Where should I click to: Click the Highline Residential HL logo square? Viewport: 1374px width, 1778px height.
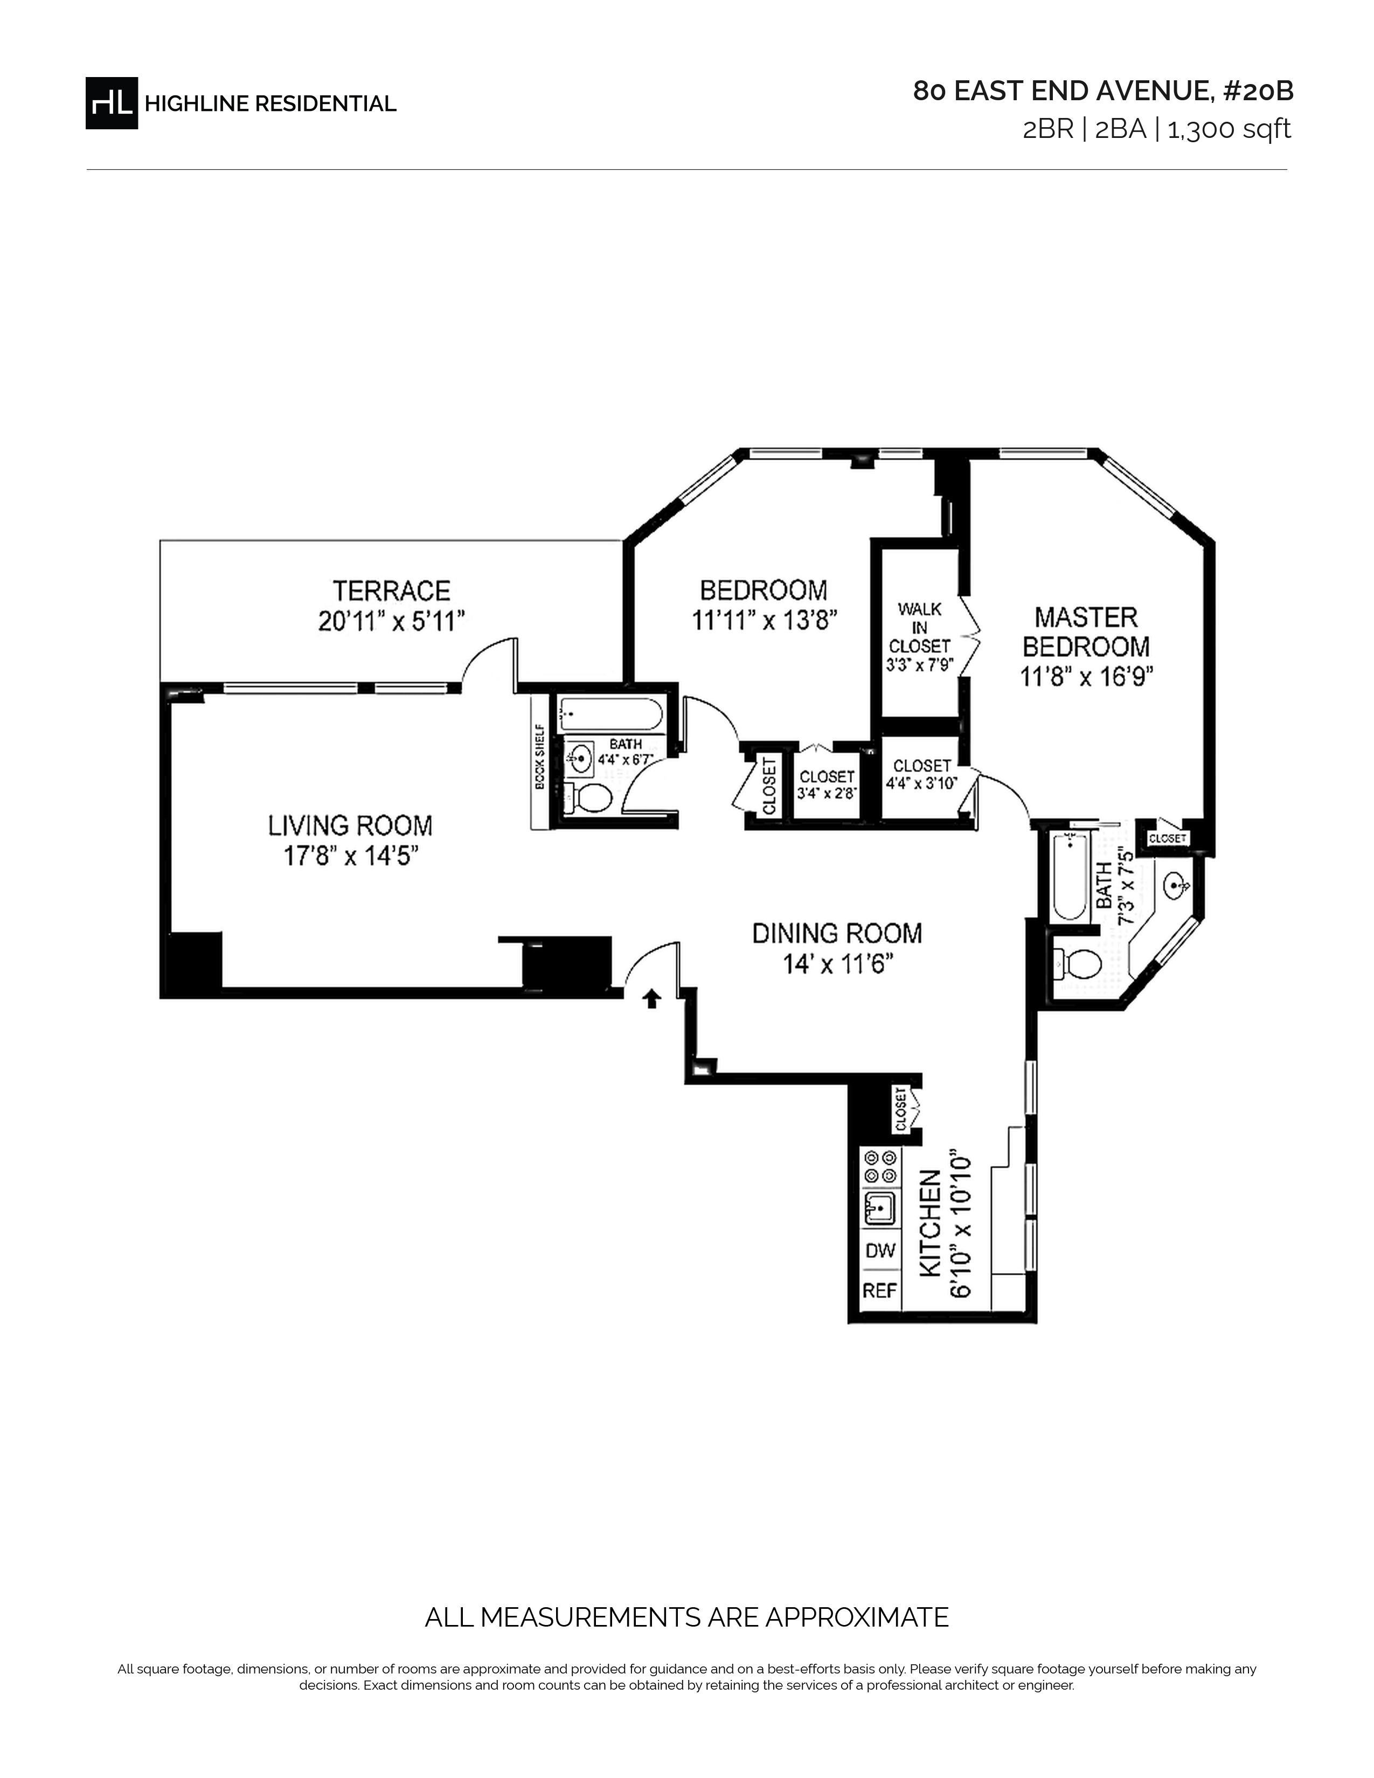point(112,102)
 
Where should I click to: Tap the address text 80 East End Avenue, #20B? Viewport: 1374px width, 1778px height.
point(1103,91)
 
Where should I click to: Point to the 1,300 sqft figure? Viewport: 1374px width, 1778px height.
point(1229,129)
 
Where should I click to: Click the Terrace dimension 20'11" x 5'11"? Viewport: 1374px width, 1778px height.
point(392,621)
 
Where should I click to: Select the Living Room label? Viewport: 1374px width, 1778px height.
point(350,825)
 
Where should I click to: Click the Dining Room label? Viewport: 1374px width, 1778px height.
point(837,933)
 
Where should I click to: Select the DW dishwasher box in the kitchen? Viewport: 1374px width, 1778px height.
point(880,1251)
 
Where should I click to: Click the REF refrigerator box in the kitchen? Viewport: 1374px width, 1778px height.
point(880,1290)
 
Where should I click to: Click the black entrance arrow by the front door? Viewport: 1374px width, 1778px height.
point(651,999)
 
